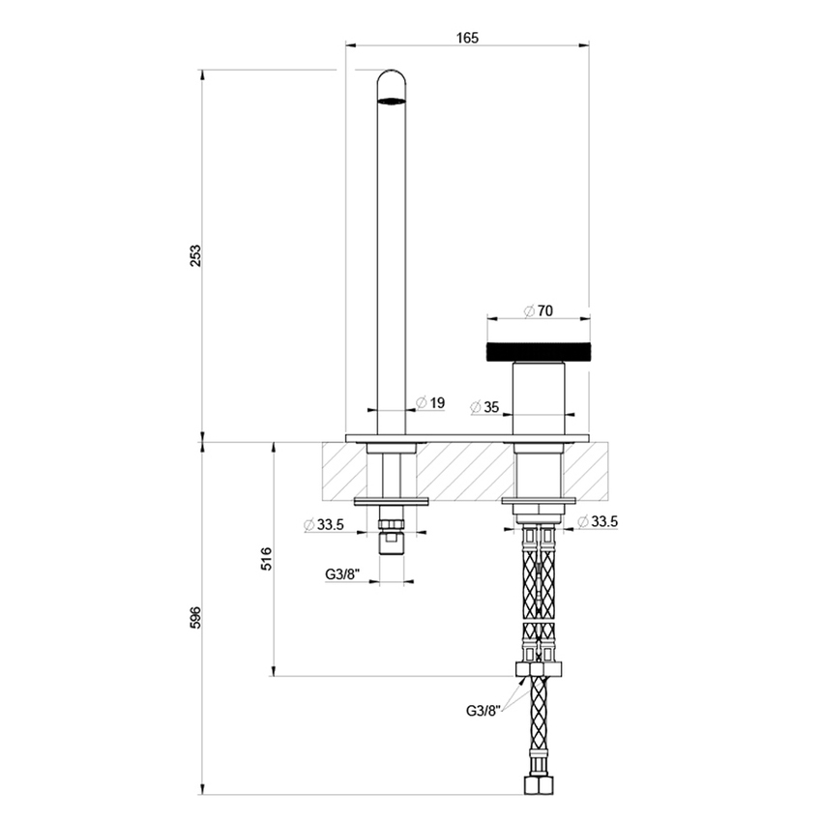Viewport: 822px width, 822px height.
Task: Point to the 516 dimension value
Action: tap(267, 558)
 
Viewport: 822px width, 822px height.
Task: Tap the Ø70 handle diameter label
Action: tap(538, 311)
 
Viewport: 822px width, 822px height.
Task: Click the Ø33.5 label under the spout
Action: tap(324, 525)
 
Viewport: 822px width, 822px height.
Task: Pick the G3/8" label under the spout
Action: tap(341, 573)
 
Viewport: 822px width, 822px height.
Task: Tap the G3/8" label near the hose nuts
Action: tap(483, 711)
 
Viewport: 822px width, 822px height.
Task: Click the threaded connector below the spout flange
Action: tap(391, 537)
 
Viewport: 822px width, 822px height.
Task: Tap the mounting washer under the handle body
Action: tap(539, 501)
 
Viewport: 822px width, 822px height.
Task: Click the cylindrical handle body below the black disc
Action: tap(538, 398)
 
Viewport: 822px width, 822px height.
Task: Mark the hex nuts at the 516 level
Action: tap(538, 670)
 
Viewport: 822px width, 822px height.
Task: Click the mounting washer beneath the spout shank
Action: tap(391, 501)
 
